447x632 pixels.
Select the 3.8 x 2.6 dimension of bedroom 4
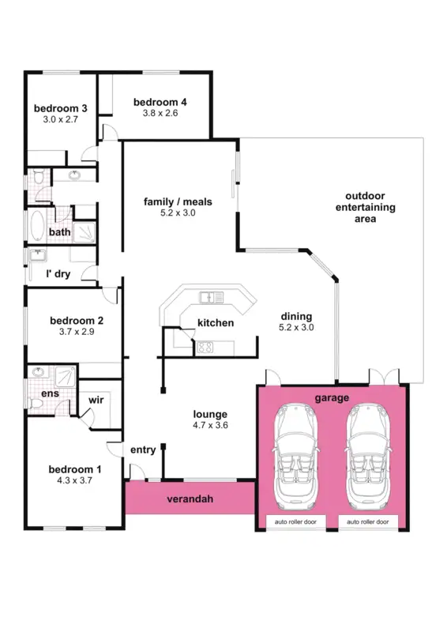(160, 113)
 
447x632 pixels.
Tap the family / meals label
(178, 201)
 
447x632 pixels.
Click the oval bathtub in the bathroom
(37, 226)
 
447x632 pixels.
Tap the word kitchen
(216, 322)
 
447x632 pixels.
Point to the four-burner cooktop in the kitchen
(206, 346)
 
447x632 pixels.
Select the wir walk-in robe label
(97, 401)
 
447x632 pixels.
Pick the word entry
(143, 450)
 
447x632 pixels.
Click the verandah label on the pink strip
(188, 499)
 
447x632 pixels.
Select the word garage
(332, 398)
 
